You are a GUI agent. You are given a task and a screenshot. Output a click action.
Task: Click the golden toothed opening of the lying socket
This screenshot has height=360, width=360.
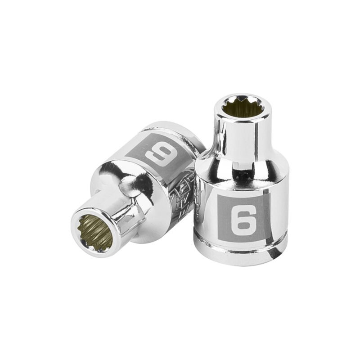click(x=95, y=232)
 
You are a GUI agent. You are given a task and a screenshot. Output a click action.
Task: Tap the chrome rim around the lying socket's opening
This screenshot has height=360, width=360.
click(x=81, y=216)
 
